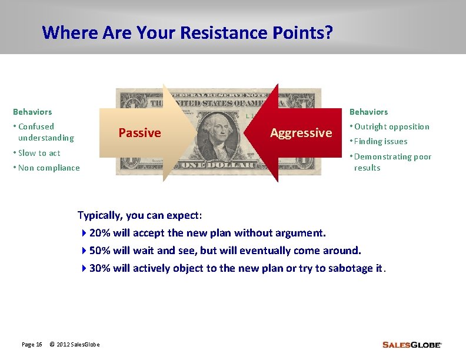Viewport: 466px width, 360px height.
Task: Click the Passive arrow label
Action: pos(139,133)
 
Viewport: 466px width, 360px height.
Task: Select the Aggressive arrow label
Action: pos(301,133)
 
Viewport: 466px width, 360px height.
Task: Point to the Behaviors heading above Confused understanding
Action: pos(32,112)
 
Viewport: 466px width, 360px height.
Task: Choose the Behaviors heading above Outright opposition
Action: pos(369,112)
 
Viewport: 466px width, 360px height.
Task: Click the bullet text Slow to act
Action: pos(39,153)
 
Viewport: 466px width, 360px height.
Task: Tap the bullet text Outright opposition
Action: pos(392,126)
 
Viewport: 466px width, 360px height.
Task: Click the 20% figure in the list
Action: pos(100,233)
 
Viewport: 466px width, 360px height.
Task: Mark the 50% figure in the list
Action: pos(100,251)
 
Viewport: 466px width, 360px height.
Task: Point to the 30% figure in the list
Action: pos(100,268)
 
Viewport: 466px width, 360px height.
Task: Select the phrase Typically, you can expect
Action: pos(140,215)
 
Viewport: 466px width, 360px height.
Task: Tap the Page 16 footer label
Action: pos(32,344)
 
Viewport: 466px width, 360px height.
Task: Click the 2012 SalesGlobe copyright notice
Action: pos(75,344)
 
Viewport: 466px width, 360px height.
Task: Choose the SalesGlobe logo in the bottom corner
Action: pos(411,345)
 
